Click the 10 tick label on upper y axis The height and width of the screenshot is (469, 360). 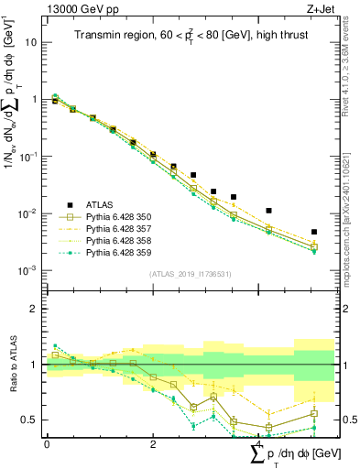tap(31, 42)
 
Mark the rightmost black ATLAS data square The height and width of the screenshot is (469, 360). tap(314, 233)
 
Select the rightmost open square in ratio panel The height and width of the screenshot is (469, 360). tap(314, 413)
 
